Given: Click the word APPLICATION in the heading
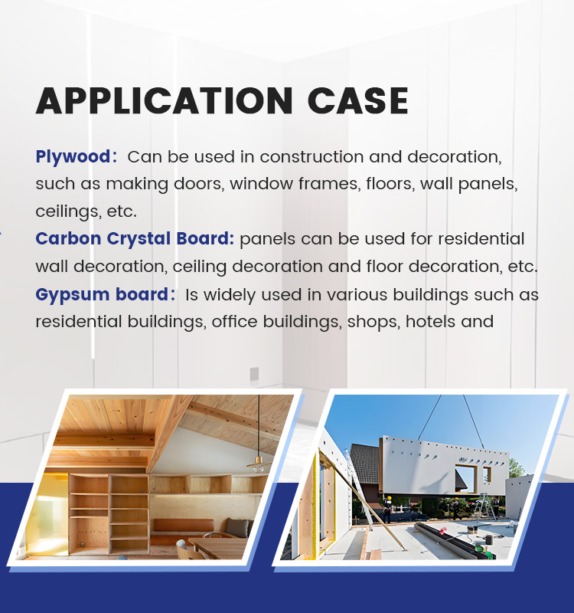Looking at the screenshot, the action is click(x=165, y=100).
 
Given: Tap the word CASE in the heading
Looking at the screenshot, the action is click(x=357, y=100).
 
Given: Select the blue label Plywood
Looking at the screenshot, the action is click(x=73, y=157).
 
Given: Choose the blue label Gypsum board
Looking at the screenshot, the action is click(x=102, y=294).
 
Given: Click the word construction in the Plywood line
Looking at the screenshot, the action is click(x=311, y=157).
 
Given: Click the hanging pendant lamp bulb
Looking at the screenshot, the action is click(x=258, y=466).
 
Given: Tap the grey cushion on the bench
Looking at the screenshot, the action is click(x=237, y=527).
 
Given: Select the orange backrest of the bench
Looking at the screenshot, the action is click(x=184, y=525).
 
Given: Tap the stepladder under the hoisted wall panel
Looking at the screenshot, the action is click(x=485, y=507).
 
